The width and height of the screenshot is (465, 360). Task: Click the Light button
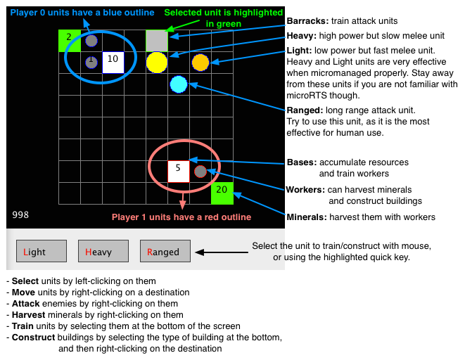[x=42, y=252]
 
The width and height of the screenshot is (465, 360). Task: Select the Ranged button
[x=165, y=252]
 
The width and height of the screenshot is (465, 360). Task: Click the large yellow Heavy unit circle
[x=157, y=63]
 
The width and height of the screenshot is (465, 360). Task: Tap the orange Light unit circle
[x=200, y=63]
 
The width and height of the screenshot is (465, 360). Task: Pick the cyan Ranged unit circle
[x=179, y=84]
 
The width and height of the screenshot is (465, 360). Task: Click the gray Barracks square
[x=157, y=41]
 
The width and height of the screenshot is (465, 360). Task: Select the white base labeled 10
[x=113, y=63]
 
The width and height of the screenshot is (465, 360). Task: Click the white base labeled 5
[x=179, y=171]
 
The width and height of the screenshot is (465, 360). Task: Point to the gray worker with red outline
[x=200, y=171]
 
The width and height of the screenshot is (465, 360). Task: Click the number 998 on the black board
[x=21, y=214]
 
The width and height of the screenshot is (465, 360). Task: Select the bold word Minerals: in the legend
[x=306, y=217]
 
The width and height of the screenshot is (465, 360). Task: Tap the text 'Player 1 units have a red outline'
[x=181, y=217]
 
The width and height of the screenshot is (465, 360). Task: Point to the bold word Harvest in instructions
[x=30, y=314]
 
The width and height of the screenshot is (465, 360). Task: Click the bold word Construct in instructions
[x=33, y=337]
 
